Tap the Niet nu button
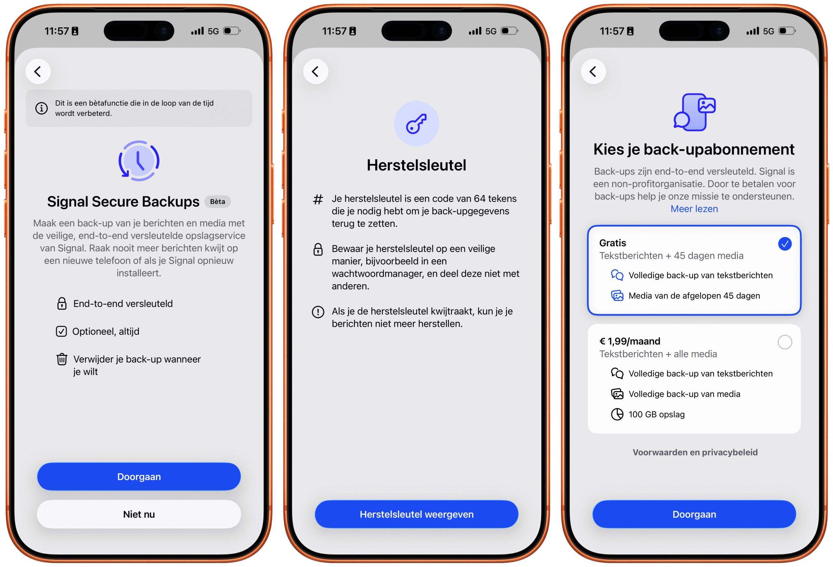coord(139,514)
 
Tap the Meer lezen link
coord(694,209)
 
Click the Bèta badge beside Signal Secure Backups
coord(218,202)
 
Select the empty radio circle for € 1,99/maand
coord(785,342)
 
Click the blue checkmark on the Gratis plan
coord(785,244)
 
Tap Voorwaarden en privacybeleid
coord(695,452)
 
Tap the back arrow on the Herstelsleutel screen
coord(315,71)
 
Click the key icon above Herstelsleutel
coord(416,124)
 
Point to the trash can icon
coord(61,359)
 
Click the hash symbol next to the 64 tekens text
coord(318,199)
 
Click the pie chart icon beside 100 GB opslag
coord(617,414)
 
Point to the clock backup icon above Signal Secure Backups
coord(139,161)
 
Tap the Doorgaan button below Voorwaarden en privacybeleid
coord(694,514)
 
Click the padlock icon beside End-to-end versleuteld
coord(61,304)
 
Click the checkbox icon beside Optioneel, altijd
coord(61,331)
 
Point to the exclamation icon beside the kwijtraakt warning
coord(318,312)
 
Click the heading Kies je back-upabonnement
coord(694,149)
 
